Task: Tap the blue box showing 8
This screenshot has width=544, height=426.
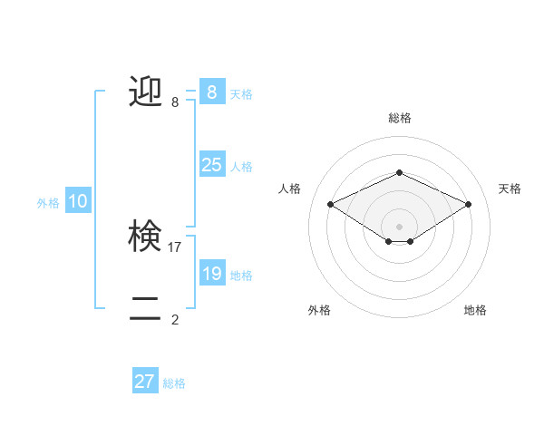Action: coord(211,92)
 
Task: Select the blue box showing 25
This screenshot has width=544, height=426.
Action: coord(211,164)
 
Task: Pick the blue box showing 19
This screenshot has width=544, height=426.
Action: coord(211,273)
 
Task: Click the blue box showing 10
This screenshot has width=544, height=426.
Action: coord(77,201)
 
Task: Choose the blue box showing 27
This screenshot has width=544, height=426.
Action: coord(145,382)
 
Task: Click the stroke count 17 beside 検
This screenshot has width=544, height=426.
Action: coord(175,247)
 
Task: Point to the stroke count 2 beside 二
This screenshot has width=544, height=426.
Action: coord(175,319)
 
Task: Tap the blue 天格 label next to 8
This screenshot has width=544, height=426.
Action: coord(241,93)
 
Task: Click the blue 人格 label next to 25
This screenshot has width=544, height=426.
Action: coord(241,167)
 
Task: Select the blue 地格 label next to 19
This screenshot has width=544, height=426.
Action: coord(241,276)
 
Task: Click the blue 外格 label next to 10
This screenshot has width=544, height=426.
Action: coord(48,204)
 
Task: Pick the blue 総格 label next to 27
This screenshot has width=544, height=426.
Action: coord(174,384)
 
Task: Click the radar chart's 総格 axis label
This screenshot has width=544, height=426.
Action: coord(399,118)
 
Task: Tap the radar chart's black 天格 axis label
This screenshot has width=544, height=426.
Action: coord(510,189)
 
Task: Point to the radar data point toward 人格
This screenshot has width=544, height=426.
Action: coord(330,204)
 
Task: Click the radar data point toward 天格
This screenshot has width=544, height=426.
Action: coord(468,204)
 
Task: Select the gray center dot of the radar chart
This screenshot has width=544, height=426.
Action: coord(399,225)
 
